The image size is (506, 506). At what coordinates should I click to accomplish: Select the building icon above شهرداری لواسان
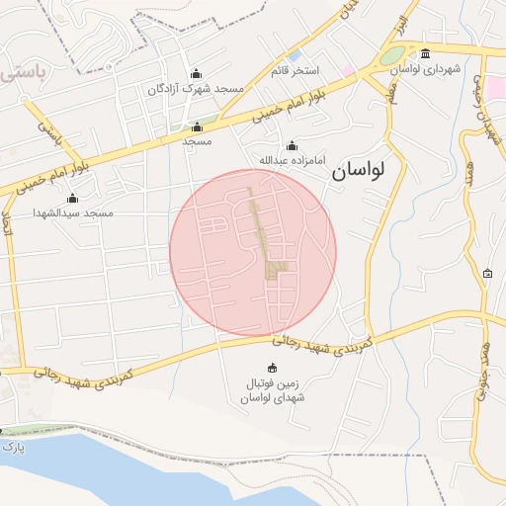(x=426, y=54)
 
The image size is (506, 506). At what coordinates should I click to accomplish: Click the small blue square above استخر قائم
(x=295, y=56)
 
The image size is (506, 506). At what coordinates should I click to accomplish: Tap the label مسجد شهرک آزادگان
(x=195, y=89)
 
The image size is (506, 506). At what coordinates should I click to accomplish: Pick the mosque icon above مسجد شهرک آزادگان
(x=195, y=73)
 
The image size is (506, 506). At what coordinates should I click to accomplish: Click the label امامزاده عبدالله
(x=292, y=160)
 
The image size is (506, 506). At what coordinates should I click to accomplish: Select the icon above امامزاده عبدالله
(x=292, y=145)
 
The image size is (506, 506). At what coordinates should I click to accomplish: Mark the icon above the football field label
(x=273, y=369)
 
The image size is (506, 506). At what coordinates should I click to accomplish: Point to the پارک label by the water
(x=13, y=448)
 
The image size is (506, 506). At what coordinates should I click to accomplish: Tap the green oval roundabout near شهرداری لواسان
(x=393, y=56)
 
